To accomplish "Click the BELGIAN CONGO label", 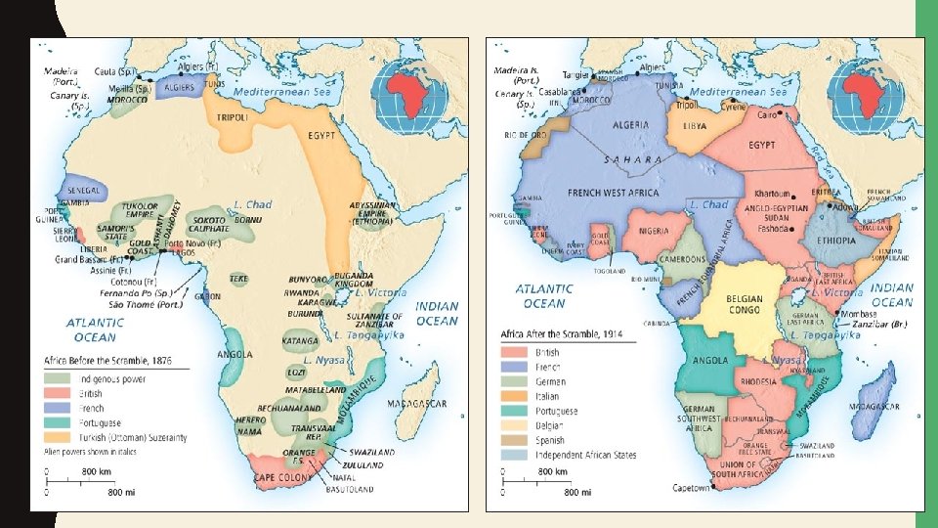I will pyautogui.click(x=744, y=305).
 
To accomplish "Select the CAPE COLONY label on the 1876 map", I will pyautogui.click(x=280, y=477).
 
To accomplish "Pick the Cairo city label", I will pyautogui.click(x=768, y=114).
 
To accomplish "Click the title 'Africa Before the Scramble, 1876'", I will pyautogui.click(x=107, y=361).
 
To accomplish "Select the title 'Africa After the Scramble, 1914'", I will pyautogui.click(x=562, y=334).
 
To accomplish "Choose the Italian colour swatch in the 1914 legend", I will pyautogui.click(x=514, y=397).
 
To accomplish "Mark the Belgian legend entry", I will pyautogui.click(x=548, y=425).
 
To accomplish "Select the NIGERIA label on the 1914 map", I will pyautogui.click(x=660, y=232).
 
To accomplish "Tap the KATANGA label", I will pyautogui.click(x=301, y=341).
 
